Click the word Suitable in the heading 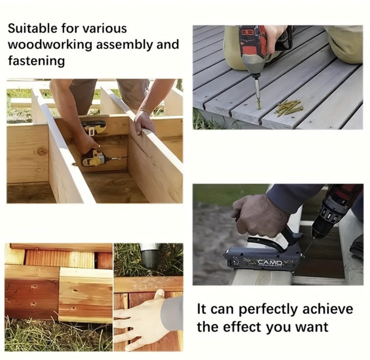pos(32,29)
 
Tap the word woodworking pos(50,44)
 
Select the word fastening pos(36,61)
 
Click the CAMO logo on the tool pos(270,263)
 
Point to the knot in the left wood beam pos(42,151)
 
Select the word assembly pos(125,45)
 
